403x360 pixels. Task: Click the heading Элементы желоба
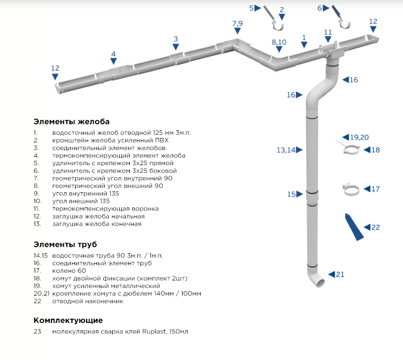coord(71,122)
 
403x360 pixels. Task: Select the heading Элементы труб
coord(65,245)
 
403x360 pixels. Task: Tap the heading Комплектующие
coord(68,320)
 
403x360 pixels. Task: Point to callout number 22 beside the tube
coord(375,227)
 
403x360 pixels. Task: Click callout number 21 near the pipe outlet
coord(340,274)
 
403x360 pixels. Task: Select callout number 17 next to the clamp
coord(375,189)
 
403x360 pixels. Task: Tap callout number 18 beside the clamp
coord(375,150)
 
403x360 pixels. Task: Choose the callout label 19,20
coord(359,137)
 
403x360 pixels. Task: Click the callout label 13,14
coord(286,150)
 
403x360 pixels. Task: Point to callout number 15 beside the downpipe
coord(291,194)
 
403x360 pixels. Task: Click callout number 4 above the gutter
coord(113,54)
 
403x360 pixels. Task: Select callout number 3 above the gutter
coord(176,39)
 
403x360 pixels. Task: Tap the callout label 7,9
coord(237,24)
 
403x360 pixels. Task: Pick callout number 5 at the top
coord(252,8)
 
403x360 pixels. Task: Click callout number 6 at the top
coord(319,8)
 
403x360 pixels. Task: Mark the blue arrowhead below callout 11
coord(328,39)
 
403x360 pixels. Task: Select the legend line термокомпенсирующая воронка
coord(105,209)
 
